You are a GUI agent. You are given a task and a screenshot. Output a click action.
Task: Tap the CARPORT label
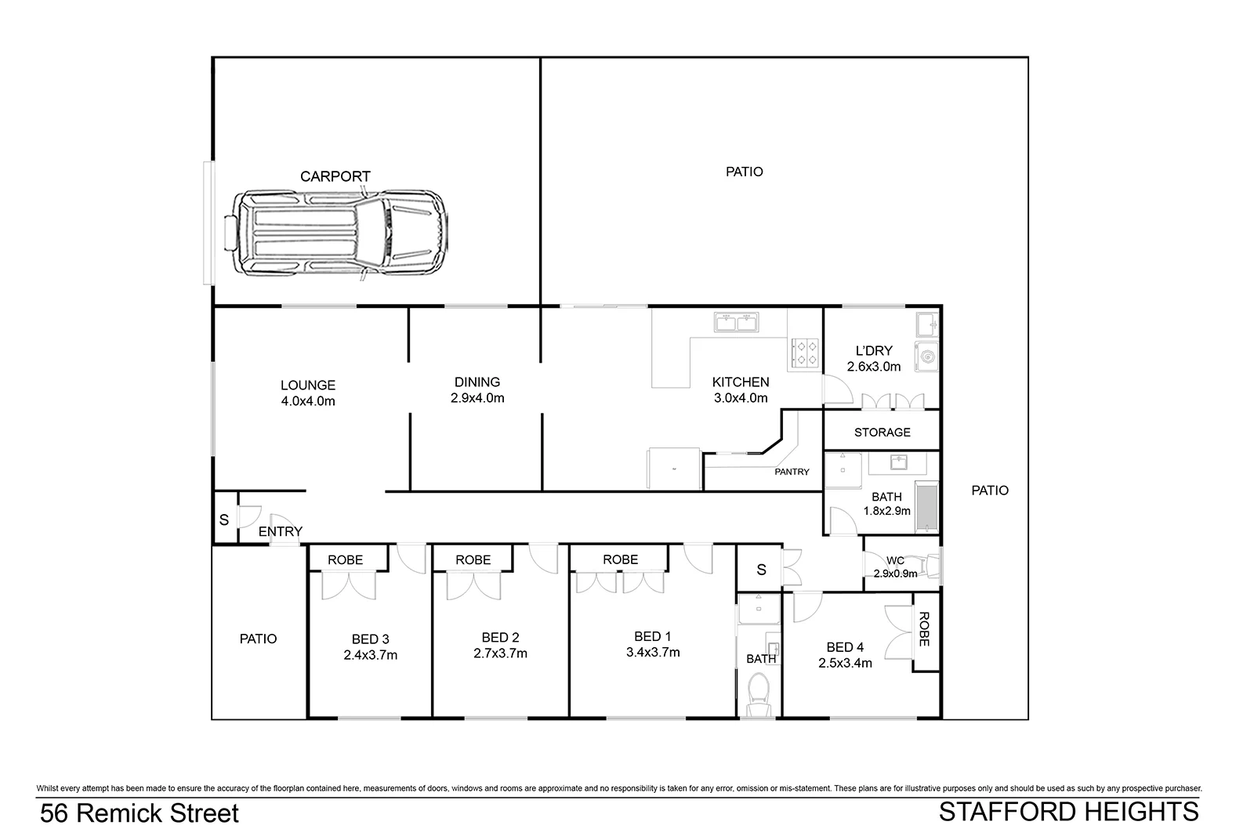pyautogui.click(x=335, y=176)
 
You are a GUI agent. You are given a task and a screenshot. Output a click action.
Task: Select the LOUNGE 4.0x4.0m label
pyautogui.click(x=308, y=393)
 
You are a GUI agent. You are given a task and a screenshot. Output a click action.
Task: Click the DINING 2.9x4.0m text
pyautogui.click(x=477, y=390)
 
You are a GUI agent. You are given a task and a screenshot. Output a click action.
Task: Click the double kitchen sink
pyautogui.click(x=737, y=321)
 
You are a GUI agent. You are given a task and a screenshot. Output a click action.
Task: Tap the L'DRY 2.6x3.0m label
pyautogui.click(x=873, y=359)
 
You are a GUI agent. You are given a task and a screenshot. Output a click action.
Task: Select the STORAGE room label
pyautogui.click(x=882, y=432)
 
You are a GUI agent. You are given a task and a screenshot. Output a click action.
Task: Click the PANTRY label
pyautogui.click(x=792, y=472)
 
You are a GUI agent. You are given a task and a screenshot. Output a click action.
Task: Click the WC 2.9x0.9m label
pyautogui.click(x=895, y=566)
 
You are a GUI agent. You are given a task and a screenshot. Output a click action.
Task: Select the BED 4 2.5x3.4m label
pyautogui.click(x=845, y=654)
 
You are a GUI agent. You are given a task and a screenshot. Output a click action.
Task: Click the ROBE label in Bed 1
pyautogui.click(x=620, y=559)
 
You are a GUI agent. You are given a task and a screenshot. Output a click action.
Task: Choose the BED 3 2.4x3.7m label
pyautogui.click(x=370, y=647)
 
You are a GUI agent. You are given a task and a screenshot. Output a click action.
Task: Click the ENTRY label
pyautogui.click(x=280, y=531)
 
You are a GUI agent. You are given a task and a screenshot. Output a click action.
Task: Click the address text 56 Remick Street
pyautogui.click(x=140, y=813)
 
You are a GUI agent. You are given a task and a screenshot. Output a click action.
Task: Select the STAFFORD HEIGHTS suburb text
pyautogui.click(x=1068, y=812)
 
